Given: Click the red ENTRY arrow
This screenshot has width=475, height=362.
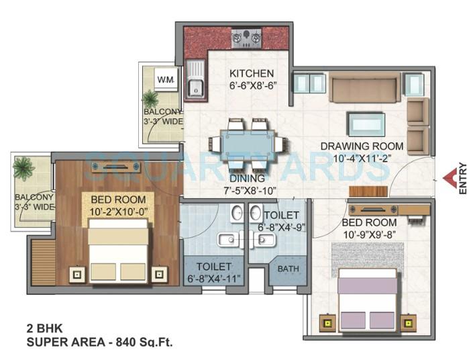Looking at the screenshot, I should point(450,179).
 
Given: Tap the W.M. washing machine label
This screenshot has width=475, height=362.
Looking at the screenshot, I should point(165,80).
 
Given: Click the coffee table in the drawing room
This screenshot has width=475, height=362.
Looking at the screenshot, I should point(366,124).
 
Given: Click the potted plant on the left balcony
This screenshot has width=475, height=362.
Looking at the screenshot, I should point(25,167).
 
